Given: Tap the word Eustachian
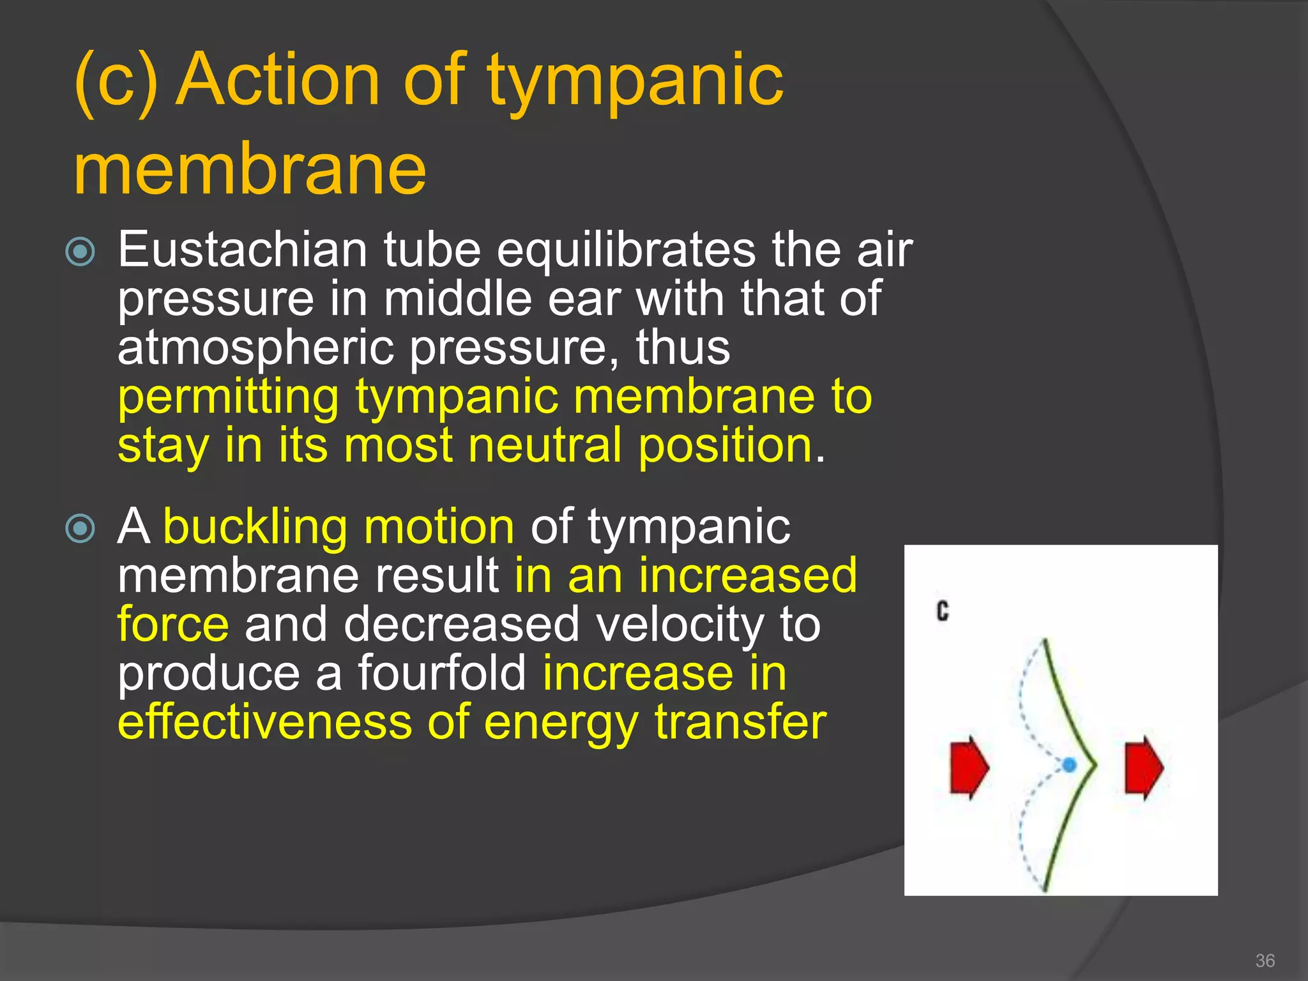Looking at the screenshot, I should [243, 250].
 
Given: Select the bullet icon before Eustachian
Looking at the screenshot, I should [80, 252].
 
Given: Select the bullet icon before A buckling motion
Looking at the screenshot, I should [80, 528].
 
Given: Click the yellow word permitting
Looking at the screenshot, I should [228, 397].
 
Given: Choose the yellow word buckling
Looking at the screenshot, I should [255, 528].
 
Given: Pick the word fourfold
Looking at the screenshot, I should [441, 673].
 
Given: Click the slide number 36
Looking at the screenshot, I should [1265, 961].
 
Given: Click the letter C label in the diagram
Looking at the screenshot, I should [943, 612].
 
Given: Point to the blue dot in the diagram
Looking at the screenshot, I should [1069, 764].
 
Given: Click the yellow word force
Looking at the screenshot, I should [173, 625].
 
